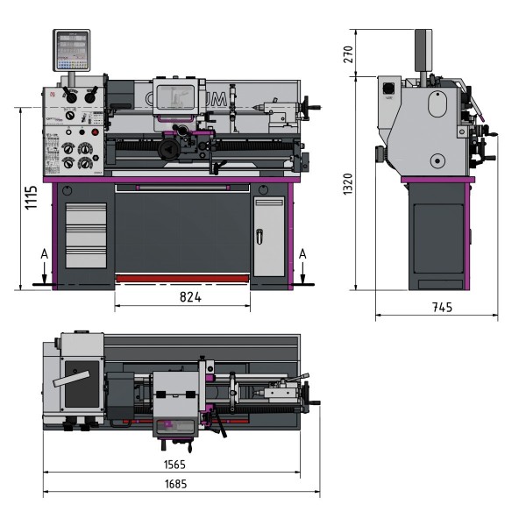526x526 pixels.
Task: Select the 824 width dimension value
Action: click(x=191, y=298)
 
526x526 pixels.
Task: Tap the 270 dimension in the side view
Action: click(x=348, y=52)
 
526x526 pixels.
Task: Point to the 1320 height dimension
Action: click(x=348, y=183)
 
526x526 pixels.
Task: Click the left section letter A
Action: click(x=44, y=253)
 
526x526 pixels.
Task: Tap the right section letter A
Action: click(x=302, y=253)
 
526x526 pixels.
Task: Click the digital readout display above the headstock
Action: click(x=71, y=50)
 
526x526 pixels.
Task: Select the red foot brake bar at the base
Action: click(x=182, y=278)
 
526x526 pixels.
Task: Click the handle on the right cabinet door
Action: click(x=259, y=234)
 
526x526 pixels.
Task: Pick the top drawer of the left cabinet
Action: click(x=86, y=214)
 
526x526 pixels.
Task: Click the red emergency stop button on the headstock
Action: click(x=96, y=132)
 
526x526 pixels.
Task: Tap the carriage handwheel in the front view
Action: click(x=172, y=150)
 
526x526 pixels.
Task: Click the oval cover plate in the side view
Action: click(x=437, y=103)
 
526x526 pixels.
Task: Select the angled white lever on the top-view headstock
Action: click(x=74, y=379)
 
